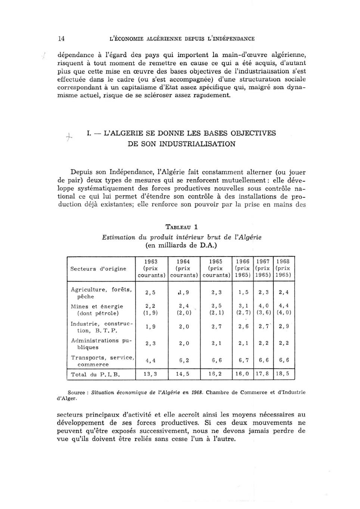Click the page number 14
click(62, 38)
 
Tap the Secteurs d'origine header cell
click(98, 269)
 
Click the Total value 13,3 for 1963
click(150, 373)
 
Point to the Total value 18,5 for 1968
click(283, 373)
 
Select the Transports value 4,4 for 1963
click(150, 360)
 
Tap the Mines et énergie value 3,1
click(243, 306)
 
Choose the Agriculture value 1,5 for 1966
click(243, 292)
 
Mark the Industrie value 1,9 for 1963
click(150, 327)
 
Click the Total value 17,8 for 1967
click(262, 373)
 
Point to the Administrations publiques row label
click(100, 344)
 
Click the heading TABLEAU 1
click(182, 227)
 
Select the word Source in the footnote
click(76, 392)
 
